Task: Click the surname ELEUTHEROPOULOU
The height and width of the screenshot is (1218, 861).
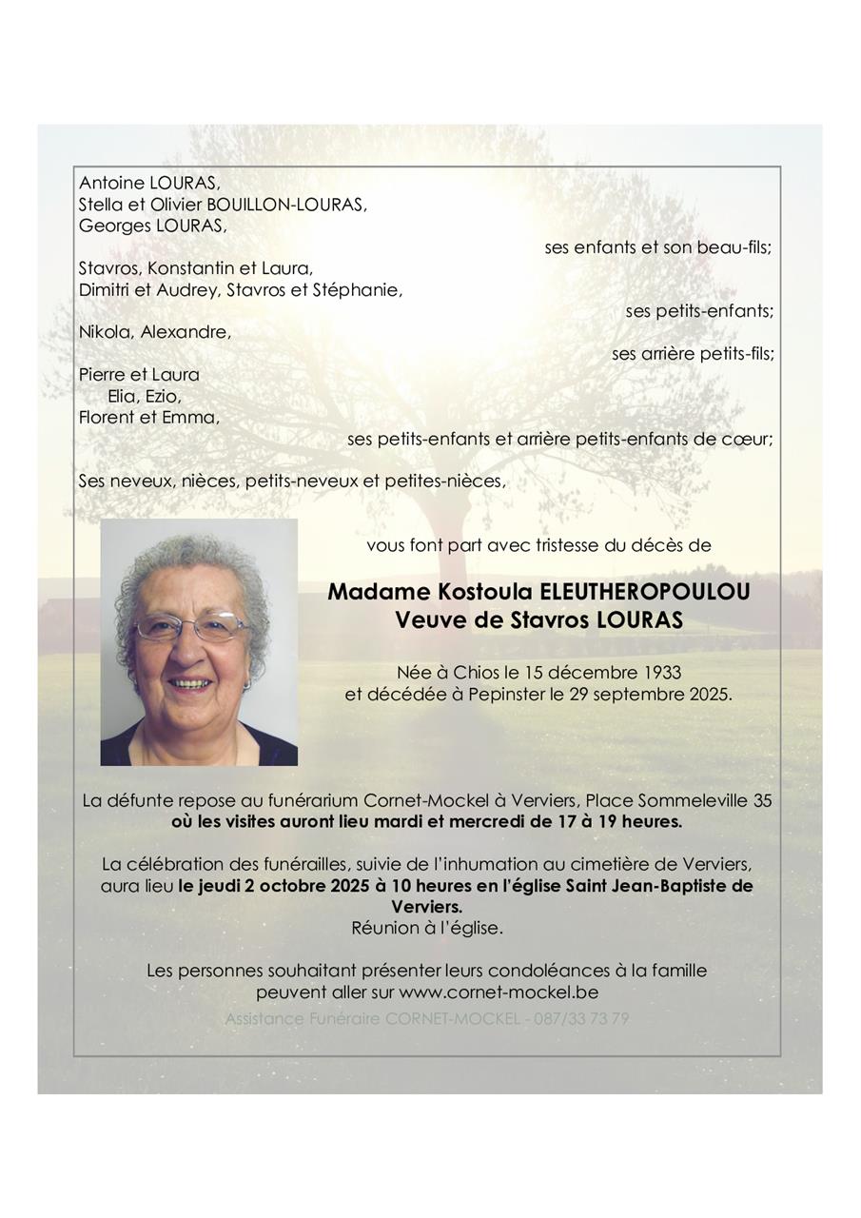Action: pos(644,592)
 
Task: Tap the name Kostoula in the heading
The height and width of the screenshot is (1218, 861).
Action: pos(485,592)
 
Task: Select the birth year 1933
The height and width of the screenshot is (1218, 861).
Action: pos(660,673)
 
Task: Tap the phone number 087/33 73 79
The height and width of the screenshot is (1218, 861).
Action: pos(585,1018)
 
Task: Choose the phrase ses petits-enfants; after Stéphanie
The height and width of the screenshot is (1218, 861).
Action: pos(699,311)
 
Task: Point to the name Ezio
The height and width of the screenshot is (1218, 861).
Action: pos(161,396)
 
